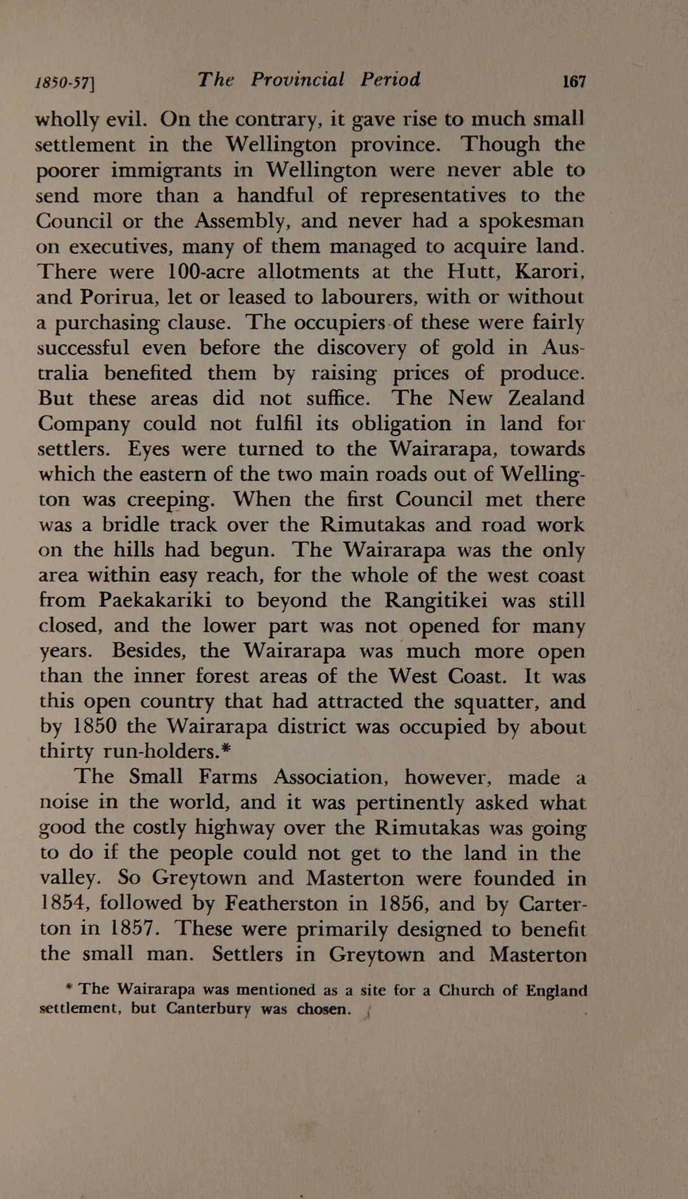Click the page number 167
[x=574, y=82]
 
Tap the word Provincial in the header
[x=297, y=79]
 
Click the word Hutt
[x=472, y=272]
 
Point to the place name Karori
[x=549, y=272]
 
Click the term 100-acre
[x=206, y=272]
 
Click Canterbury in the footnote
[x=208, y=1009]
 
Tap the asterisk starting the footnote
[x=70, y=989]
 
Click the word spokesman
[x=531, y=221]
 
